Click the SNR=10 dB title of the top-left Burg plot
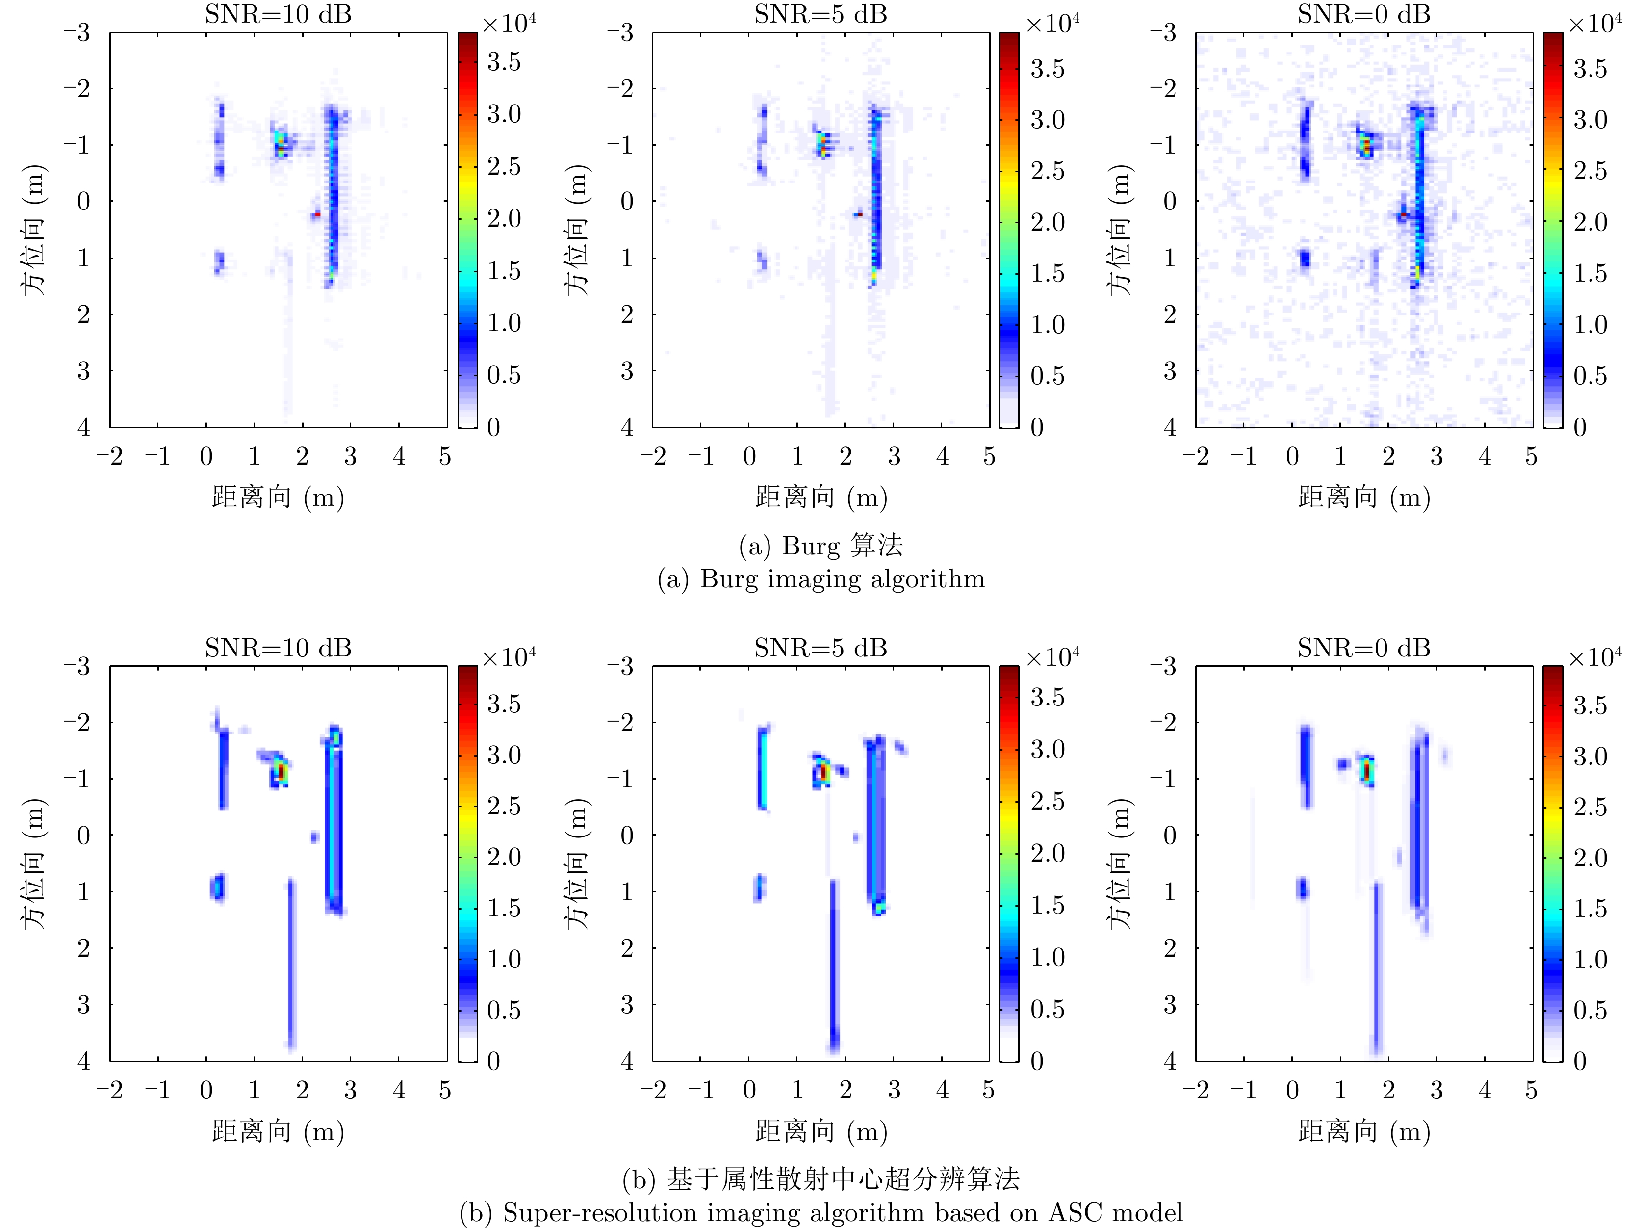pyautogui.click(x=278, y=15)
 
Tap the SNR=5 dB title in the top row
pyautogui.click(x=820, y=15)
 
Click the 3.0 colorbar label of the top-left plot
pyautogui.click(x=504, y=114)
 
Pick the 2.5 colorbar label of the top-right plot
pyautogui.click(x=1590, y=171)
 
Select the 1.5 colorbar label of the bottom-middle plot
pyautogui.click(x=1047, y=905)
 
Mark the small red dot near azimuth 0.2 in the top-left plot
pyautogui.click(x=317, y=214)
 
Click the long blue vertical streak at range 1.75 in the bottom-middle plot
pyautogui.click(x=833, y=965)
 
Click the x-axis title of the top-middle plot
pyautogui.click(x=820, y=497)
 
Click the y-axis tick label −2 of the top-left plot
pyautogui.click(x=77, y=89)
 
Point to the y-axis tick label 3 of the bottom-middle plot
pyautogui.click(x=627, y=1005)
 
